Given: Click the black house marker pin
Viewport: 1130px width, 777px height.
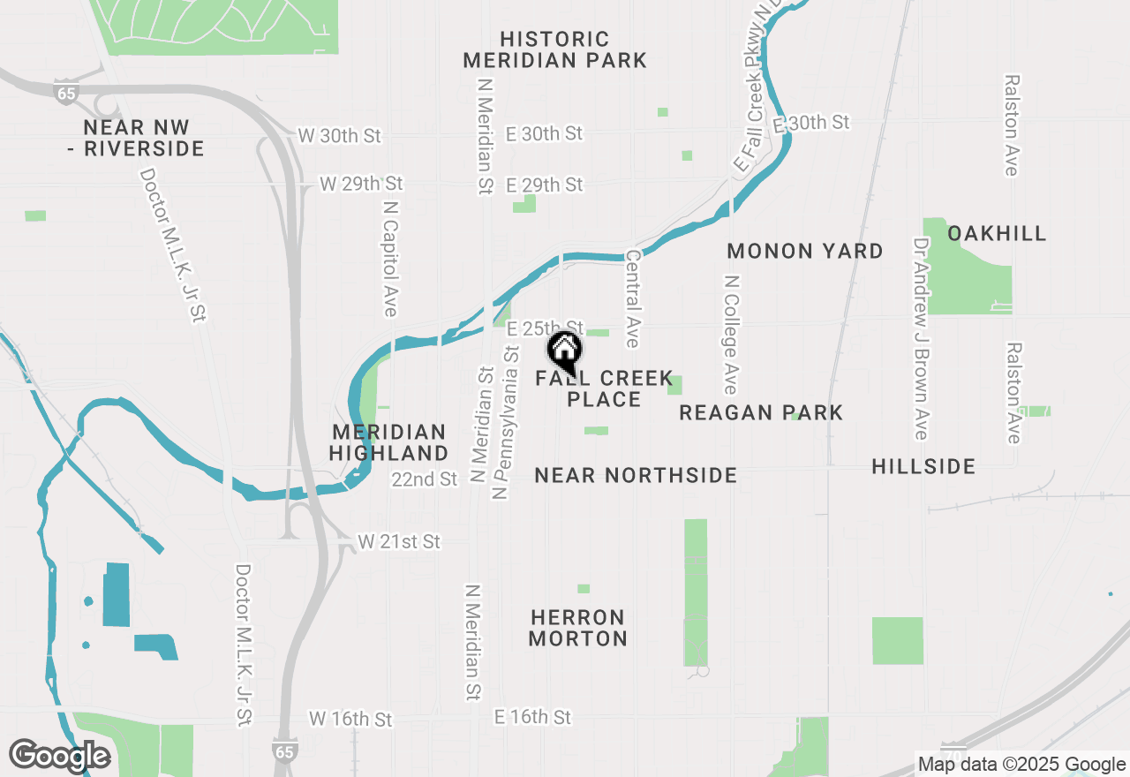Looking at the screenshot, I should tap(565, 352).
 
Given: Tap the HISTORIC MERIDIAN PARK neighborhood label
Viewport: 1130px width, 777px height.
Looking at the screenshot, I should tap(554, 49).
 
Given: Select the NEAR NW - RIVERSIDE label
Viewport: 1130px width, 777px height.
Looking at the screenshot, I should tap(136, 138).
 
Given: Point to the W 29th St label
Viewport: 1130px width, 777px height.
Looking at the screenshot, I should tap(360, 184).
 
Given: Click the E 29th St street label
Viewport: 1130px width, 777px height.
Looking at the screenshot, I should tap(545, 185).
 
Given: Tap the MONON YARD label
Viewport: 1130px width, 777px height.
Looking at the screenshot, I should tap(804, 252).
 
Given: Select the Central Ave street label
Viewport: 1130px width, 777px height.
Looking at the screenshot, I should tap(633, 298).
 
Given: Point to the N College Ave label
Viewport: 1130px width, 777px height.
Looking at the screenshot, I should tap(730, 334).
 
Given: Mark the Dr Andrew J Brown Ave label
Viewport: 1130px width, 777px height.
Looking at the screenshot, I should tap(922, 338).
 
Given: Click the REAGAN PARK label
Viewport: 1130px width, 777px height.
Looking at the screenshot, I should tap(761, 412).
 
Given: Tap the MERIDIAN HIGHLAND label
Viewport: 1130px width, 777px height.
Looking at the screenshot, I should tap(389, 442).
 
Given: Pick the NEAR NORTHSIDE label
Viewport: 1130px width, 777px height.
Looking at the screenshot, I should tap(636, 475).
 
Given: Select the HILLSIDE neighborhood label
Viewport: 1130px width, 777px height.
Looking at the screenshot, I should tap(923, 466).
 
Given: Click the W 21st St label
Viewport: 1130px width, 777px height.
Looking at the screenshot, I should tap(399, 541).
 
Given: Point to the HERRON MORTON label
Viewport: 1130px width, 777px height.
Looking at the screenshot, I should tap(578, 627).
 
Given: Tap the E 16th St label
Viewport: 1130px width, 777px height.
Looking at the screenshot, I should tap(532, 716).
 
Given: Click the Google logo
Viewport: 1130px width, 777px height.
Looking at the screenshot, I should tap(59, 756).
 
